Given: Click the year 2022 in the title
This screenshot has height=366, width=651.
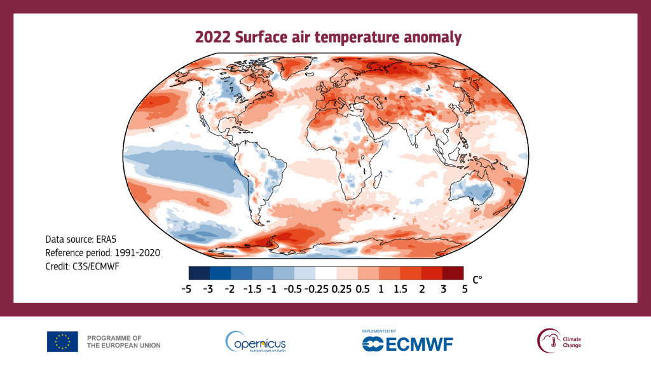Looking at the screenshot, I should click(212, 37).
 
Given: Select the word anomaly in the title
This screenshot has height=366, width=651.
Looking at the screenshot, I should click(433, 37).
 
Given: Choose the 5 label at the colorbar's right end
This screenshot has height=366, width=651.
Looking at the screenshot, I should click(463, 288).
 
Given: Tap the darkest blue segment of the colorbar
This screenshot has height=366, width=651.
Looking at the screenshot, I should click(199, 273).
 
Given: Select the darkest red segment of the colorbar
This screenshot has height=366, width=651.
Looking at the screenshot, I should click(453, 273).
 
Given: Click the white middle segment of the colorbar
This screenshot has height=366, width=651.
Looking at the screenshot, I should click(326, 273).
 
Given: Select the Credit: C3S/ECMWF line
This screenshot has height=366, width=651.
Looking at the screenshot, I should click(82, 266).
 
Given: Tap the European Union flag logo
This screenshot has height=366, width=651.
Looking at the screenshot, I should click(62, 341).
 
